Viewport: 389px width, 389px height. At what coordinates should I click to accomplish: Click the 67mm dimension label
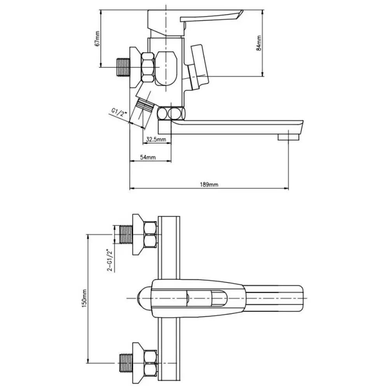97,39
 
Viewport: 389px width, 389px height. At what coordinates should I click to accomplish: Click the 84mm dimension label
259,43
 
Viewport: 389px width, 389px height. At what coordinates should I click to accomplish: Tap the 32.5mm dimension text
156,139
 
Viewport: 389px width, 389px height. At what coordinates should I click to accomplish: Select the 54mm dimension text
148,157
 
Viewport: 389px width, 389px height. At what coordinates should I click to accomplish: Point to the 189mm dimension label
209,184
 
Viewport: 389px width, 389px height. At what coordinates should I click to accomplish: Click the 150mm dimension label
84,298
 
